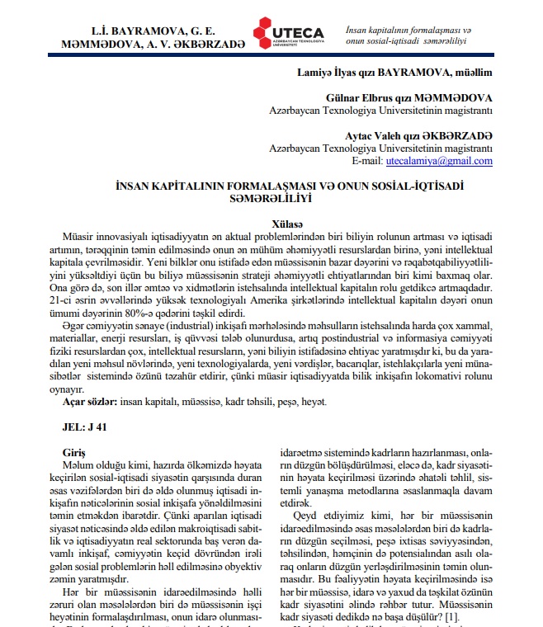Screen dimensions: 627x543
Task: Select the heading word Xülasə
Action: (x=290, y=224)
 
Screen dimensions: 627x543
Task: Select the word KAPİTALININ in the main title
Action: (x=192, y=186)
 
